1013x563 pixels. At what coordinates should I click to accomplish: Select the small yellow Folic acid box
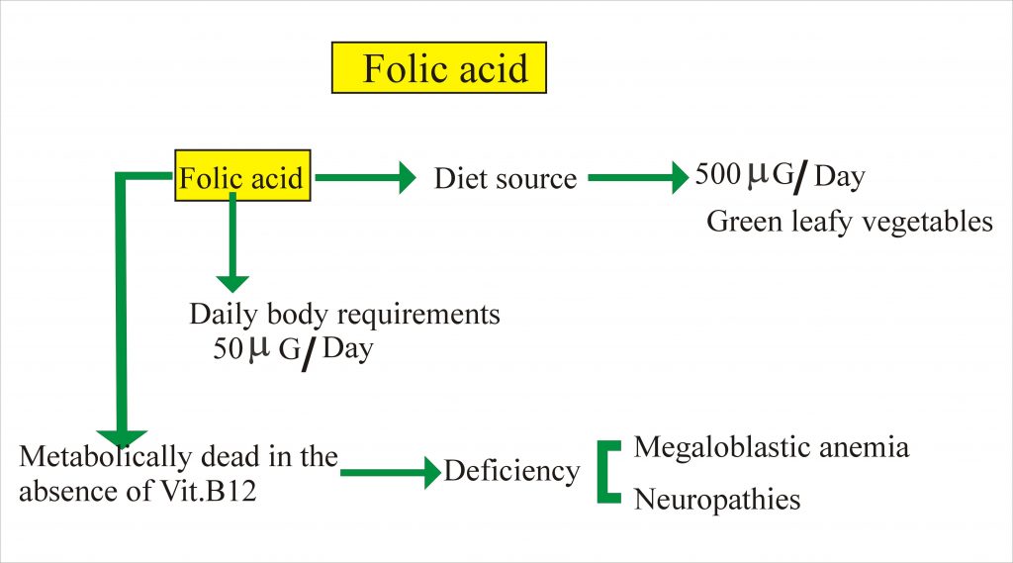coord(240,178)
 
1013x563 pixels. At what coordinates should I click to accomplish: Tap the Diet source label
coord(505,179)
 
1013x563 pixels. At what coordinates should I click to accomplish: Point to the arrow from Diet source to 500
coord(638,179)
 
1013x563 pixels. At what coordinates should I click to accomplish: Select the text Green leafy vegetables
coord(849,222)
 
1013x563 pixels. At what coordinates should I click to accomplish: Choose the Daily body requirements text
coord(344,315)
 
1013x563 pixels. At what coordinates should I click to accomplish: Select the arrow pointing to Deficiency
coord(390,473)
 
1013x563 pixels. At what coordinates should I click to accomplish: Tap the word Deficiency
coord(511,471)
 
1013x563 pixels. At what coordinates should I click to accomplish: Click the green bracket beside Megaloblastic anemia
coord(606,472)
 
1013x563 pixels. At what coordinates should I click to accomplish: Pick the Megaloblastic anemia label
coord(771,447)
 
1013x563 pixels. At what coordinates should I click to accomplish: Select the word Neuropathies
coord(716,500)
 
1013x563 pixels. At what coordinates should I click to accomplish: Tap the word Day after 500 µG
coord(839,177)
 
